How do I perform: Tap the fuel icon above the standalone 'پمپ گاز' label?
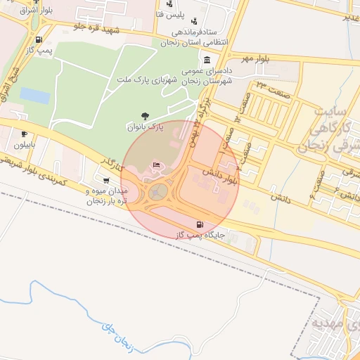tap(38, 40)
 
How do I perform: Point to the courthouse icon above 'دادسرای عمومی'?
tap(206, 60)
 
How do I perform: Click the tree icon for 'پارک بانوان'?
tap(144, 116)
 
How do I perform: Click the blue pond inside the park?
tap(34, 95)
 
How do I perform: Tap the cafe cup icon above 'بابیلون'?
tap(25, 134)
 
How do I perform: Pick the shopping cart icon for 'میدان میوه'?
tap(105, 180)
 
